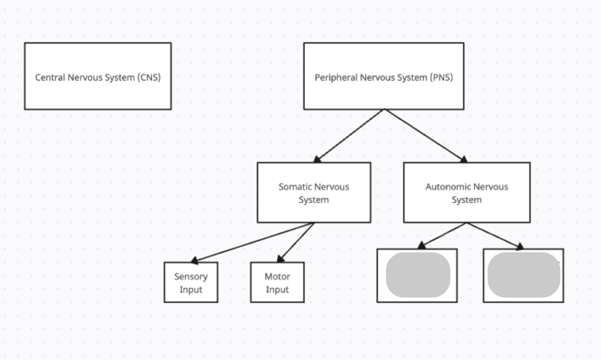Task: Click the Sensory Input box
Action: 191,283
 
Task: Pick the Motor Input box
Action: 277,283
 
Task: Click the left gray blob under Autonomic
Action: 418,275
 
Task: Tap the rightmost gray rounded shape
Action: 524,275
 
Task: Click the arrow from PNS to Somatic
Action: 350,135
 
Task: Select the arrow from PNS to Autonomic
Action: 424,135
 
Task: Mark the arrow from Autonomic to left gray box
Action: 443,235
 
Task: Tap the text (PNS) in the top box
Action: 441,77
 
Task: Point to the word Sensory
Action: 191,276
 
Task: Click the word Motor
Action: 277,276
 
